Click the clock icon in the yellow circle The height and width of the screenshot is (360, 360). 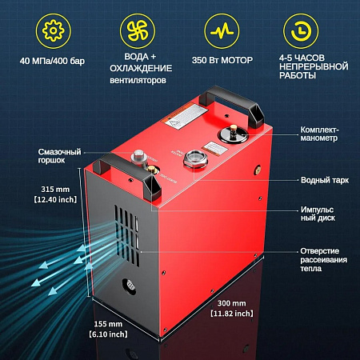coord(305,30)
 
